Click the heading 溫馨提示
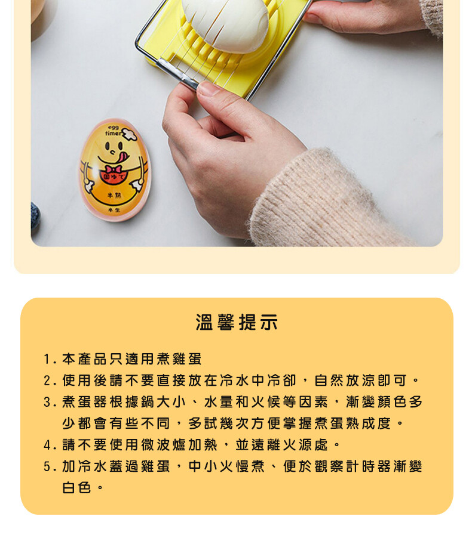click(237, 323)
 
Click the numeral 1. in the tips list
click(50, 359)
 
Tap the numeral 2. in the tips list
click(50, 381)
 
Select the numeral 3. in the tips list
click(50, 402)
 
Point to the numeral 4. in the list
click(50, 445)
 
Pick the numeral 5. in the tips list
click(50, 466)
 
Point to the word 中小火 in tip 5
click(210, 466)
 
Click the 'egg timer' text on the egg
click(113, 131)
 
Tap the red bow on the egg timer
click(114, 169)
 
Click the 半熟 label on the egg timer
click(114, 195)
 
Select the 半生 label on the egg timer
click(114, 210)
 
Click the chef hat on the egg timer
click(129, 134)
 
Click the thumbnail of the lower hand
click(207, 88)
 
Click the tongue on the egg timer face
click(122, 157)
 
